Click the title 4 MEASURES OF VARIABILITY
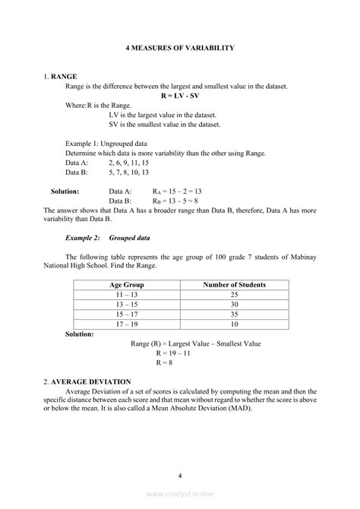coord(179,48)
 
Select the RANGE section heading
coord(63,77)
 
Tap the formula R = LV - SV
coord(179,96)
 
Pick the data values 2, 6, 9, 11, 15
coord(128,163)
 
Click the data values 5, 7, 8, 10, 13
coord(128,172)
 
